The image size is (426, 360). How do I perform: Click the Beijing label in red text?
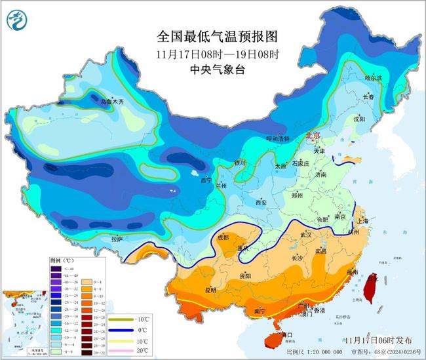[313, 134]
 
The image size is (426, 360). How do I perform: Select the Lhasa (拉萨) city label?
[117, 239]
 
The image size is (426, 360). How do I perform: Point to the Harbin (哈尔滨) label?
[372, 77]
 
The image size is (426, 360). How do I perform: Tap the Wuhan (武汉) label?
[307, 234]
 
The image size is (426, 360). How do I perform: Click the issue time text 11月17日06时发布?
[377, 340]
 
